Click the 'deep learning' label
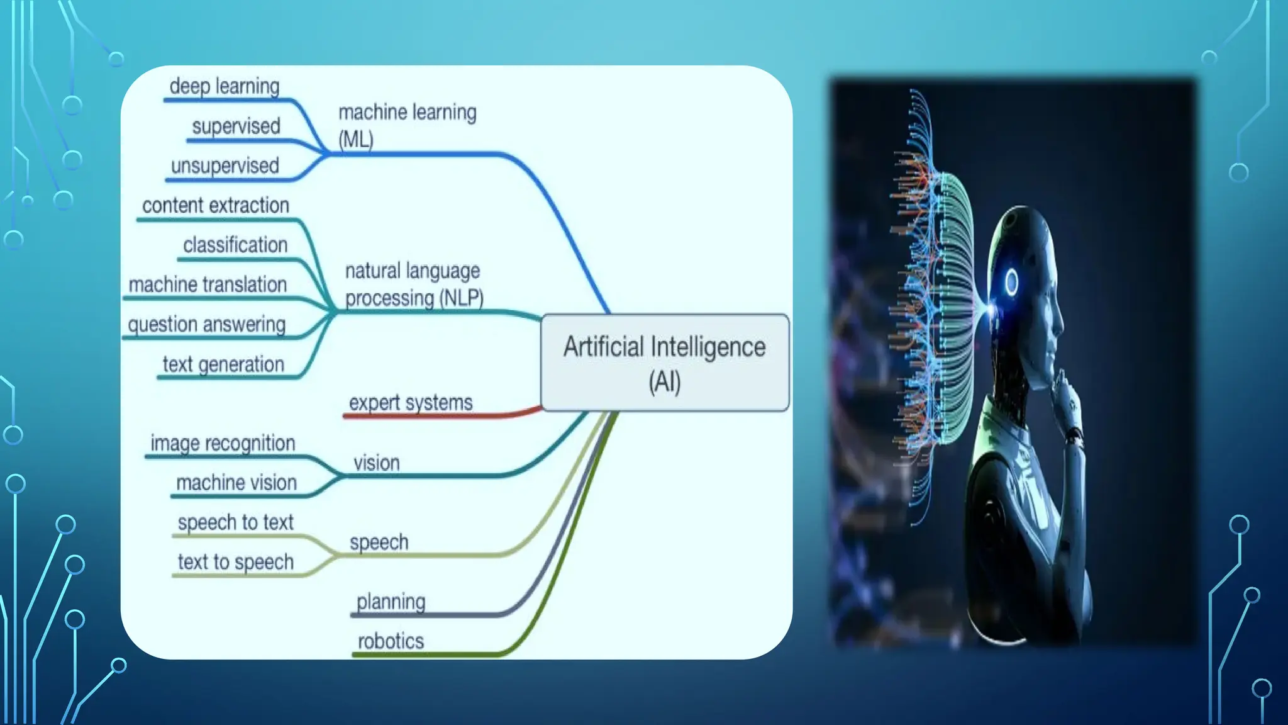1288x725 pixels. pos(225,86)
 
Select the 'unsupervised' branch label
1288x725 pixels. pos(225,166)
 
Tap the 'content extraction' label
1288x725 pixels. pos(216,206)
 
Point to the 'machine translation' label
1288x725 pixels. pos(208,284)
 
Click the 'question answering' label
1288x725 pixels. pos(206,325)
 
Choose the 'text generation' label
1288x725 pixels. pos(223,364)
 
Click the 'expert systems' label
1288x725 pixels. pos(411,403)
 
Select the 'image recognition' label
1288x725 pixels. pos(223,444)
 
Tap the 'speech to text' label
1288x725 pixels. pos(235,522)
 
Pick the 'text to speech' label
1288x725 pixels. pos(235,562)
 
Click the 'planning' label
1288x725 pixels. pos(391,602)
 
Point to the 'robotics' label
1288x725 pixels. pos(391,641)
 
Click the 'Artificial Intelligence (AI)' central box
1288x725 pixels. pos(665,363)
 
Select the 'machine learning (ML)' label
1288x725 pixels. pos(407,125)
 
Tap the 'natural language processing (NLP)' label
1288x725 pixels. pos(414,284)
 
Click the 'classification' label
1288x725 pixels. pos(235,245)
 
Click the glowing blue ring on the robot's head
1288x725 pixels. pos(1011,282)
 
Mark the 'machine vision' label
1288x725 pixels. pos(236,483)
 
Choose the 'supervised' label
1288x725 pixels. pos(236,126)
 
